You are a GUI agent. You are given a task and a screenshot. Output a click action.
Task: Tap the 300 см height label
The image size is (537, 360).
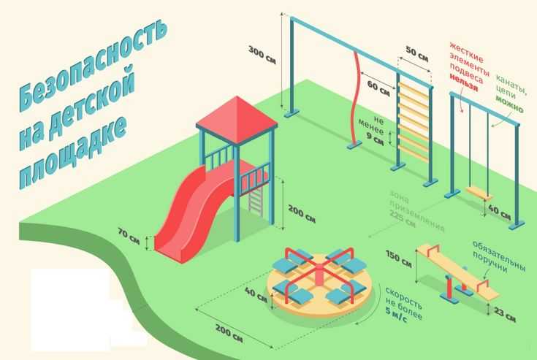click(x=262, y=55)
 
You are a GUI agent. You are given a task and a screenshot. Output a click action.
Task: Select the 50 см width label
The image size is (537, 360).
click(x=416, y=54)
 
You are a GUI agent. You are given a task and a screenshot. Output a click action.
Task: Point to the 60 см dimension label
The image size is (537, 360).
click(x=378, y=88)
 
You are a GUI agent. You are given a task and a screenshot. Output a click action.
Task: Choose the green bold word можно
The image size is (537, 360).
click(x=509, y=104)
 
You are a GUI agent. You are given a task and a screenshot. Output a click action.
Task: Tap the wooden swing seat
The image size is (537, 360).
click(x=479, y=194)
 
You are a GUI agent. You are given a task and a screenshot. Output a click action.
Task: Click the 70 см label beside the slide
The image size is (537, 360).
click(x=129, y=236)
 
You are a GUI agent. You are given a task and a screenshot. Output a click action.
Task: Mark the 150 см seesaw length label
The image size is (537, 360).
click(x=398, y=258)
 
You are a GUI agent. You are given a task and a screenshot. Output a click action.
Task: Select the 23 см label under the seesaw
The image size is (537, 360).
click(x=504, y=314)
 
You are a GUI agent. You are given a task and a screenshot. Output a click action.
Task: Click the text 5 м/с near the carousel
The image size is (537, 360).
click(x=397, y=315)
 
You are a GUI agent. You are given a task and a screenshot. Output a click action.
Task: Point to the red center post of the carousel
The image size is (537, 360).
click(x=319, y=275)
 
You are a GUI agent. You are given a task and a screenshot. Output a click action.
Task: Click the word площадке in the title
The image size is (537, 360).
click(x=72, y=153)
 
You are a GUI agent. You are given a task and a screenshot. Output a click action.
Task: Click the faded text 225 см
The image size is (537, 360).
click(x=403, y=219)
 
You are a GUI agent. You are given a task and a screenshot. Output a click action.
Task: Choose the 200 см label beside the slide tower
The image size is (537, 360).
click(x=301, y=213)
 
